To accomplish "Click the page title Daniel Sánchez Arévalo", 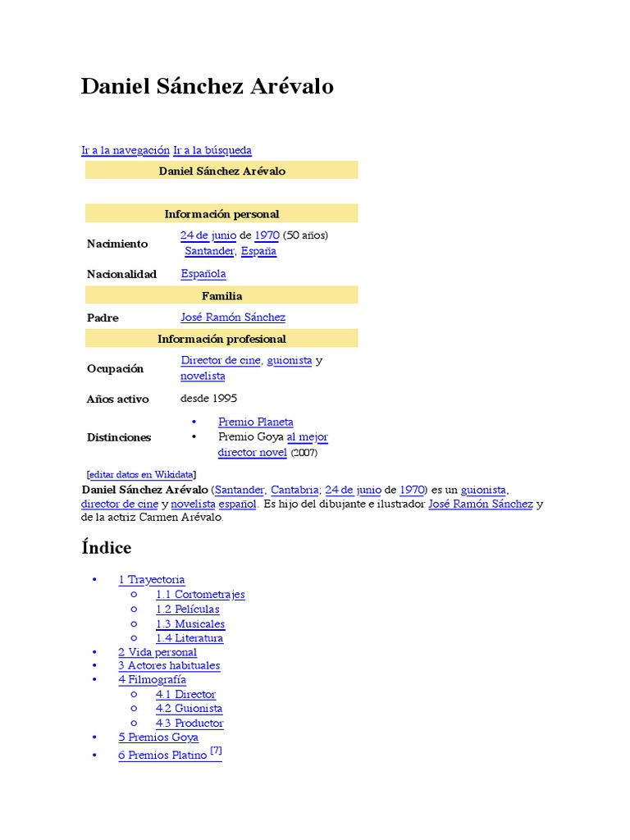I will (x=207, y=87).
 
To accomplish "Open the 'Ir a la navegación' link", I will (x=126, y=150).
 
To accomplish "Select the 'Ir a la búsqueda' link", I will (x=212, y=150).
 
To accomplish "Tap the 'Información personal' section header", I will (x=221, y=214).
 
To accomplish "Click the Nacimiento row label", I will (x=117, y=244).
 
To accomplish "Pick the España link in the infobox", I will (x=258, y=251).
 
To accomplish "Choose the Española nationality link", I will (x=203, y=274).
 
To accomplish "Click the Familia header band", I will (x=221, y=295).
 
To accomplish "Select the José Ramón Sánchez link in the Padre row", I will (x=233, y=317).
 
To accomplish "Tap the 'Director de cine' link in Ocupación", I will (x=221, y=360).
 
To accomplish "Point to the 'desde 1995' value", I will (x=208, y=399).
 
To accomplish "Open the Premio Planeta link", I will (x=256, y=422).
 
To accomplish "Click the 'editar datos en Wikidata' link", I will (x=141, y=474).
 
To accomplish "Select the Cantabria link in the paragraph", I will (x=294, y=490).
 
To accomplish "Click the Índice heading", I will (x=107, y=547).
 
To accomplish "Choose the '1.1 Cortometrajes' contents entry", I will (x=200, y=595).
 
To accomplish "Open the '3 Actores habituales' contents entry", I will (x=169, y=665).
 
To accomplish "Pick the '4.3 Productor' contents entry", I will (x=189, y=723).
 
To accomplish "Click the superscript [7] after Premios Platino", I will (x=216, y=751).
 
